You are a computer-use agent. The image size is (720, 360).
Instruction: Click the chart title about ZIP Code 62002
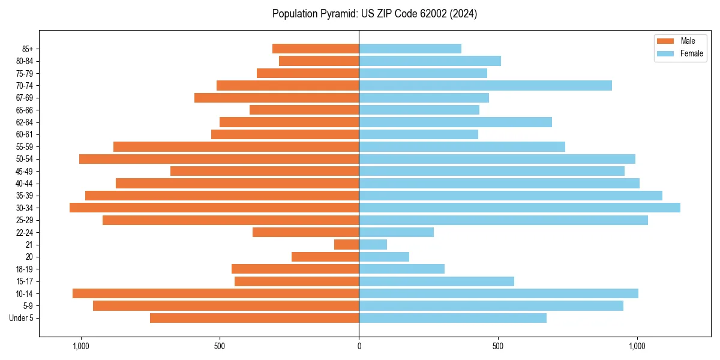[374, 14]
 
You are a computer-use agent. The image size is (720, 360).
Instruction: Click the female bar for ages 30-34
[520, 208]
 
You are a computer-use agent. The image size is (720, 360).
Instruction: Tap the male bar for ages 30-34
[214, 208]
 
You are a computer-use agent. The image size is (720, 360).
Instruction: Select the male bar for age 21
[346, 245]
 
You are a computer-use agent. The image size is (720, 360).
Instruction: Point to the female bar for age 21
[373, 245]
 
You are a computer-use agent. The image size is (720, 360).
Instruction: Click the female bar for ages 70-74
[485, 85]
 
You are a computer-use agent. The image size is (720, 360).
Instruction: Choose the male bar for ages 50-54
[219, 159]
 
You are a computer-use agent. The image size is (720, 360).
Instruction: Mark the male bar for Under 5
[254, 318]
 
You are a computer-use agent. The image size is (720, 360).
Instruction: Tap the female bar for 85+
[410, 49]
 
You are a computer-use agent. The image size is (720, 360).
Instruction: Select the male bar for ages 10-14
[215, 293]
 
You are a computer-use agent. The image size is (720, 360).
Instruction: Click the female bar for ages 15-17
[436, 281]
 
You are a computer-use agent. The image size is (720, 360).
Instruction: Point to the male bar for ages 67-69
[277, 98]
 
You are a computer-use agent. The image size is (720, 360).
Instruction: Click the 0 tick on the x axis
[359, 346]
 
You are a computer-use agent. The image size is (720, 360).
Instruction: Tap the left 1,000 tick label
[80, 346]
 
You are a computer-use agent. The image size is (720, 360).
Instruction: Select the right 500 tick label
[498, 346]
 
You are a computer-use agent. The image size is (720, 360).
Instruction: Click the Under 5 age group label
[21, 318]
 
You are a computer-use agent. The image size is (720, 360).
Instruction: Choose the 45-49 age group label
[24, 171]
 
